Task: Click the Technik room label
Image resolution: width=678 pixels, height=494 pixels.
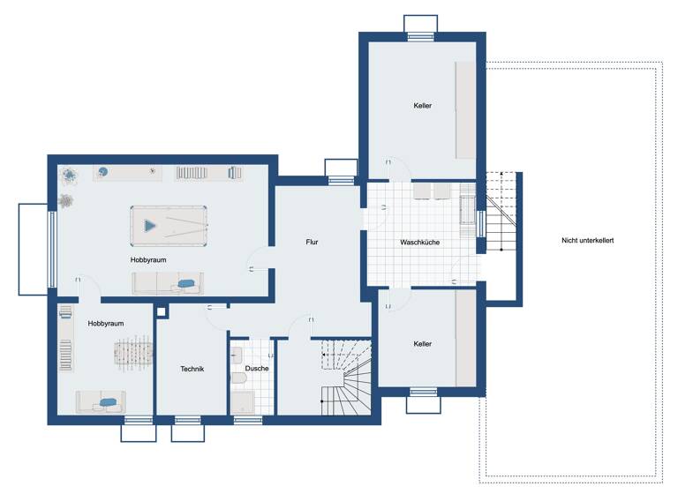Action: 192,369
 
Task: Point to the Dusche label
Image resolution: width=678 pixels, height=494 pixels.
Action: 257,368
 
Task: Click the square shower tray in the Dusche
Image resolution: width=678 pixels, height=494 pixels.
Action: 244,402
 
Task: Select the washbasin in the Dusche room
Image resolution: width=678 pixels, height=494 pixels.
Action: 237,355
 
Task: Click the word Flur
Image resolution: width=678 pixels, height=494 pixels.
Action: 312,241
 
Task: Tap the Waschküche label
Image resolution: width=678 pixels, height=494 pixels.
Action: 419,242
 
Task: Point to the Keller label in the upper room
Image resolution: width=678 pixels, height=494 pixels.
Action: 423,106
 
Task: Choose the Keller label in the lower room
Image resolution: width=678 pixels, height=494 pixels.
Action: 423,344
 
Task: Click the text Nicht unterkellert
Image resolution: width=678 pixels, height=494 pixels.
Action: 587,241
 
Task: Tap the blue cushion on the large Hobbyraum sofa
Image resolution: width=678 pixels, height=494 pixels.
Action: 185,283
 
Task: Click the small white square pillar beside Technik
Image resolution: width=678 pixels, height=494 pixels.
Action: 161,310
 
